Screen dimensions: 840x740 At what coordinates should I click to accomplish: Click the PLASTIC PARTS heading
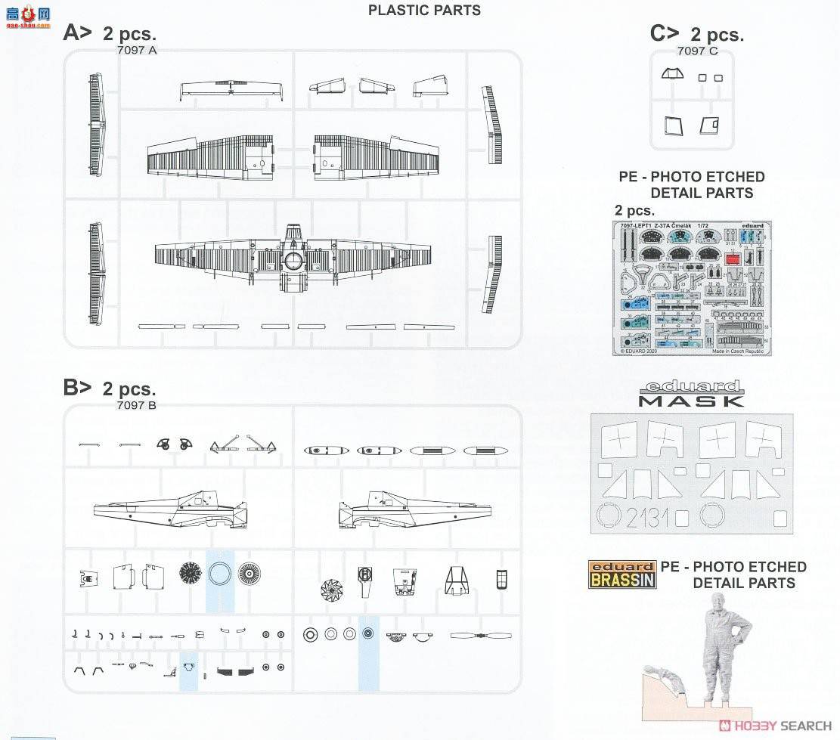pyautogui.click(x=424, y=10)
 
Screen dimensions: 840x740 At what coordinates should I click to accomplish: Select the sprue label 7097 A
pyautogui.click(x=137, y=50)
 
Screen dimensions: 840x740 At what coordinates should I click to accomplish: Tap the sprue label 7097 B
pyautogui.click(x=137, y=406)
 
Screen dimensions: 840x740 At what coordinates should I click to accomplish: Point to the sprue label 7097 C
pyautogui.click(x=697, y=51)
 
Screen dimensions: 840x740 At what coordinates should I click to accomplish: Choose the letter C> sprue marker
pyautogui.click(x=665, y=33)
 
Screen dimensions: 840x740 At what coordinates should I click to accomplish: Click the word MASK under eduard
pyautogui.click(x=691, y=401)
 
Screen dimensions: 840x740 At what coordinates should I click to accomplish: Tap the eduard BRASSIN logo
pyautogui.click(x=622, y=574)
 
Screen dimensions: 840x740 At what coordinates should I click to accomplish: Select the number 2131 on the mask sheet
pyautogui.click(x=646, y=517)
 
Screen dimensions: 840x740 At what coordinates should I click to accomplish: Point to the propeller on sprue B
pyautogui.click(x=480, y=636)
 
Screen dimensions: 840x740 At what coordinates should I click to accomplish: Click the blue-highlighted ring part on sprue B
pyautogui.click(x=220, y=573)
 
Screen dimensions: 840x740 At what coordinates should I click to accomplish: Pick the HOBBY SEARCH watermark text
pyautogui.click(x=780, y=726)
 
